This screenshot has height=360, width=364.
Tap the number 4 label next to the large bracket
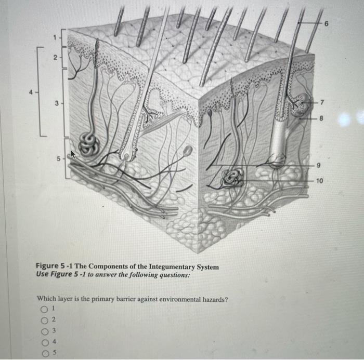pos(30,93)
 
